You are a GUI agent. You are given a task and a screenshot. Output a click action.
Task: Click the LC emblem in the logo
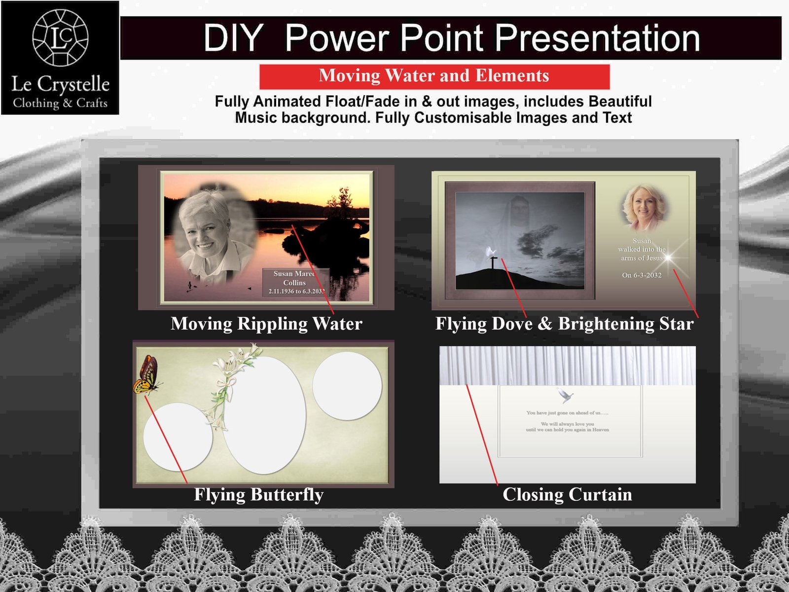click(60, 37)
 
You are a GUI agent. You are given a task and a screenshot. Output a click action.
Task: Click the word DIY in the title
click(233, 38)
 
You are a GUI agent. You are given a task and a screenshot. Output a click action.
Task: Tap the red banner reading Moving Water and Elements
click(434, 76)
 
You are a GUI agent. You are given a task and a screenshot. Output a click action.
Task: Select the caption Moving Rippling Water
click(266, 324)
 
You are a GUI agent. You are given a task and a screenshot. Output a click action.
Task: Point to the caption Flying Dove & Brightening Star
click(564, 324)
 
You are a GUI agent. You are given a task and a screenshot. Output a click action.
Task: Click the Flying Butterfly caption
click(258, 494)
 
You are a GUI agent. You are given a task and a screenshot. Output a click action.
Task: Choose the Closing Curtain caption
click(567, 494)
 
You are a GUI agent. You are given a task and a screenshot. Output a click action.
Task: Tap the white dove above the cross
click(490, 252)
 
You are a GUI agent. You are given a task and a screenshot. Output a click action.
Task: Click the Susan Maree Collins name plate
click(294, 283)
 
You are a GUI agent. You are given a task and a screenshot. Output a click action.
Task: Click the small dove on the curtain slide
click(565, 395)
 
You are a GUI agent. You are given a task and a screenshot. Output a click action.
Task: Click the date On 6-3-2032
click(642, 275)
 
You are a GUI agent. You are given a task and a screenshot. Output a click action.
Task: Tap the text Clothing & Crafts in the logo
click(60, 103)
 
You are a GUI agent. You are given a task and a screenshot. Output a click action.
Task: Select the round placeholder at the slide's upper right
click(347, 386)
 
